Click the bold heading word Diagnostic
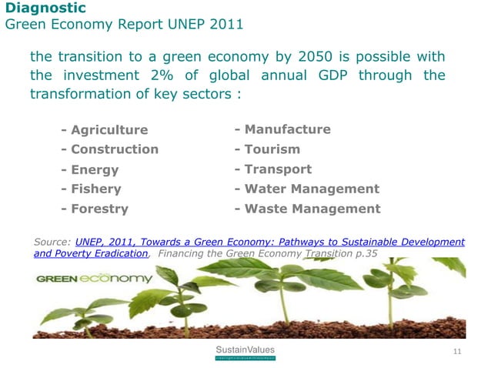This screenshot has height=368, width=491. click(45, 8)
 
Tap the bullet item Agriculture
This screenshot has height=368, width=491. click(109, 129)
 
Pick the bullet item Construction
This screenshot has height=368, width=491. click(114, 149)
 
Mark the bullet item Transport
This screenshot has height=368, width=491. click(278, 169)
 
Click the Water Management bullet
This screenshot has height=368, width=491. click(312, 189)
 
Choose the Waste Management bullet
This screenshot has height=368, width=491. click(312, 209)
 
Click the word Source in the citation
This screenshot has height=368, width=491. click(52, 242)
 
